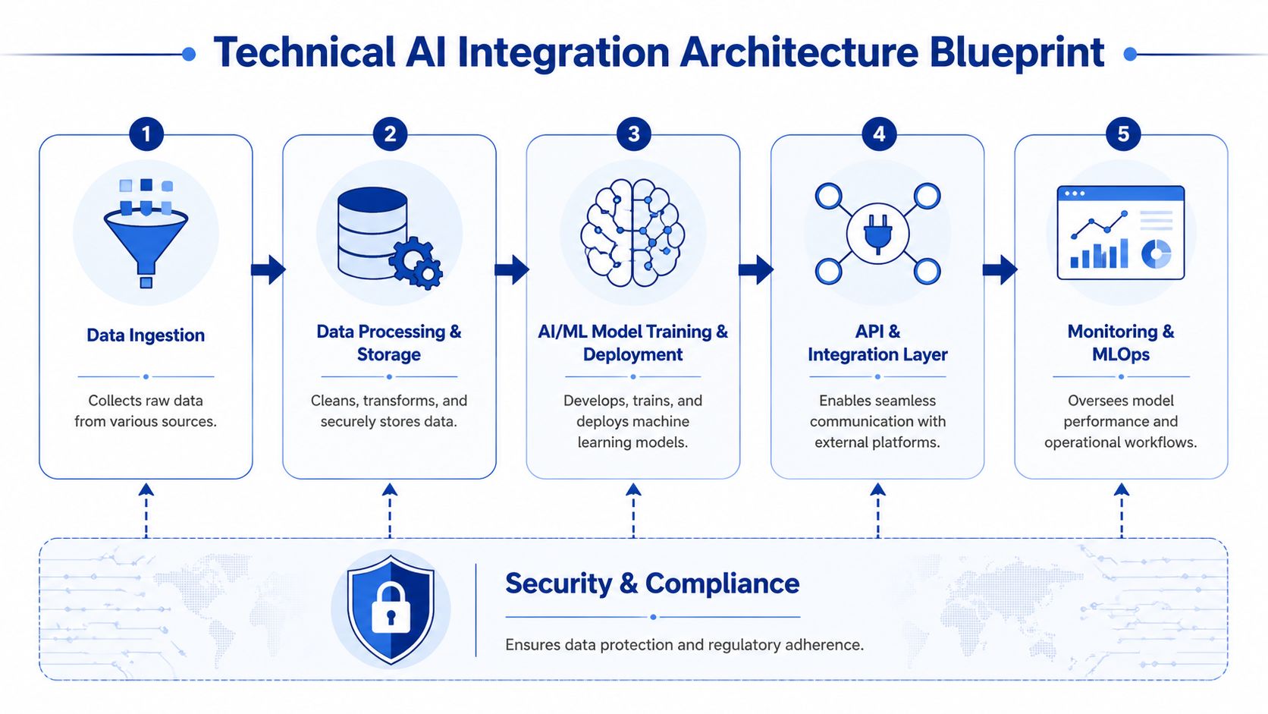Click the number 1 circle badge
click(x=146, y=134)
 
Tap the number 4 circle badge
click(x=879, y=134)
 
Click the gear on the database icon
click(x=415, y=262)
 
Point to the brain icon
click(x=632, y=233)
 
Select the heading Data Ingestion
click(x=146, y=335)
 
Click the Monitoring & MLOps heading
click(x=1121, y=343)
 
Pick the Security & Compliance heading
click(x=652, y=583)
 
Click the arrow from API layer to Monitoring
click(x=1000, y=269)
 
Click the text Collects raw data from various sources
click(x=146, y=410)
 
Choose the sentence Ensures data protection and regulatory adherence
click(x=684, y=645)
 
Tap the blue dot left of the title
click(x=189, y=54)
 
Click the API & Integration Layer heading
click(x=877, y=343)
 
